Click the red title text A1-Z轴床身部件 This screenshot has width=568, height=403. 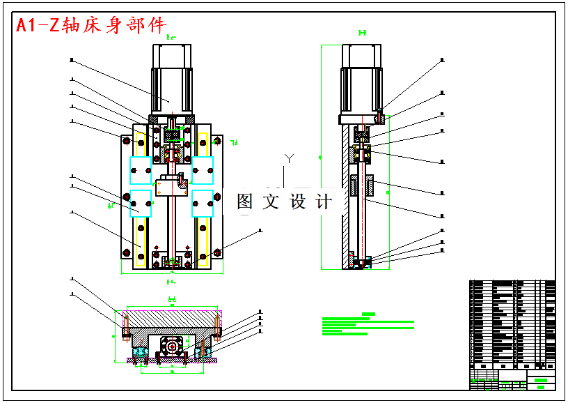(91, 25)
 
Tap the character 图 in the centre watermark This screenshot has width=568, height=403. (246, 202)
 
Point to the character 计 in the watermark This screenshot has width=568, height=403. (324, 202)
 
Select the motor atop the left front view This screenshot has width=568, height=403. (171, 79)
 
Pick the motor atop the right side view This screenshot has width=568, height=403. (361, 79)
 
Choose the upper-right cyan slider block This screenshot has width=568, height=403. (203, 168)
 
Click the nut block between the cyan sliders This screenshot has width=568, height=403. (171, 185)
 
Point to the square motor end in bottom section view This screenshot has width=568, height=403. (171, 345)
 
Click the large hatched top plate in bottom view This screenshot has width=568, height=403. (171, 318)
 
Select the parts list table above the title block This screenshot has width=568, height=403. (512, 324)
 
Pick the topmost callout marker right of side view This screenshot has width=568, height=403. (443, 61)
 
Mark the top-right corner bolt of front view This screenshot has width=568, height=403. (218, 141)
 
